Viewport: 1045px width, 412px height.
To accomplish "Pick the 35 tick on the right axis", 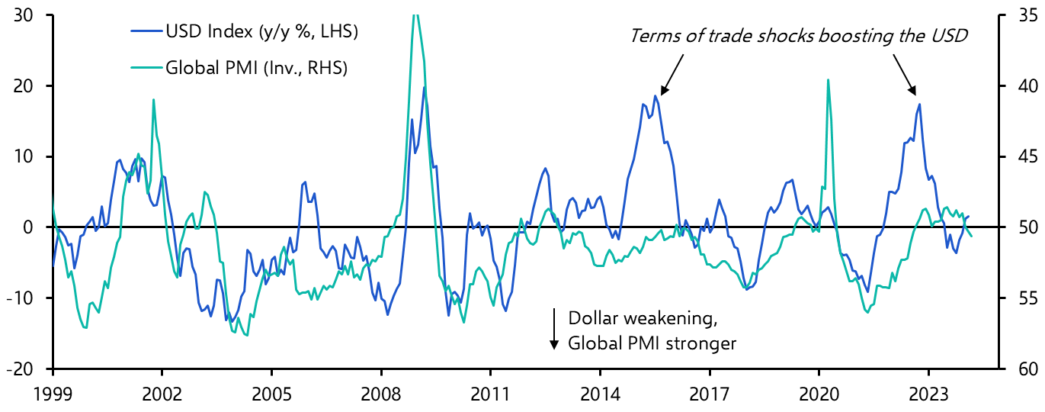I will pos(1021,15).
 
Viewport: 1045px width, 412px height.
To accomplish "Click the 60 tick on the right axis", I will pos(1021,369).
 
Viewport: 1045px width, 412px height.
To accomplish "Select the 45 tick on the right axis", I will pos(1021,156).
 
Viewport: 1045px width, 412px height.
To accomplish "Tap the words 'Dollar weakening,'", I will pos(643,318).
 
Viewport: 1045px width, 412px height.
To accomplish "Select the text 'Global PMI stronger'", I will pos(652,343).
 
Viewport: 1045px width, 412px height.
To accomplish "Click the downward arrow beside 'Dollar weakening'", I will pos(555,330).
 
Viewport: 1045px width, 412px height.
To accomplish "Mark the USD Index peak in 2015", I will pos(655,95).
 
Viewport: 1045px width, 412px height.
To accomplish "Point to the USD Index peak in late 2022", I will pos(919,104).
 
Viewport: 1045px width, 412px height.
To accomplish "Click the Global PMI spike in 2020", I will pos(828,79).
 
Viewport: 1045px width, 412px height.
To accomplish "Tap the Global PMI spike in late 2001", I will pos(153,99).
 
